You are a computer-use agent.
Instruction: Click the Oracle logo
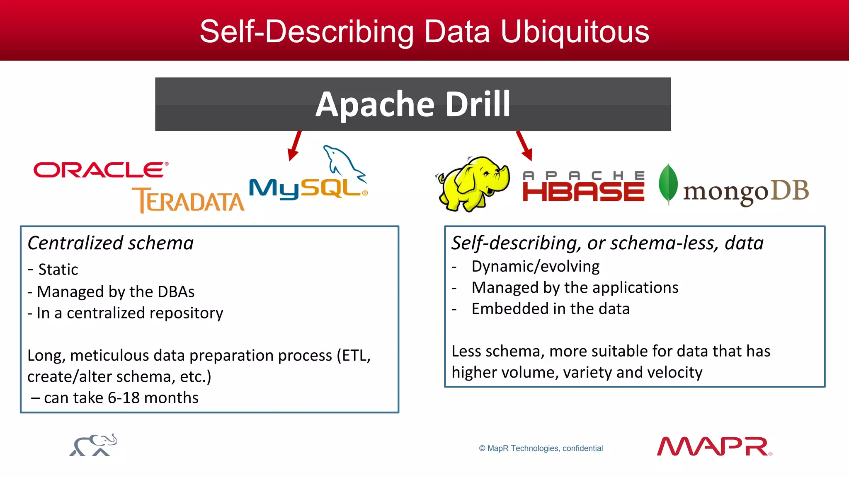point(99,170)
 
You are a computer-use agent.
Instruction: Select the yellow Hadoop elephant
point(473,183)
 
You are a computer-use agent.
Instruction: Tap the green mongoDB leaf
point(668,184)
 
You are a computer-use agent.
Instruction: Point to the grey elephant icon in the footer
point(93,446)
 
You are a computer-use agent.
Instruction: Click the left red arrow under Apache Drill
point(295,146)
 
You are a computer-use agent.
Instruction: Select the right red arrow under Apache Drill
point(524,146)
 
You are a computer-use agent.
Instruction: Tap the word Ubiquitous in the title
point(575,32)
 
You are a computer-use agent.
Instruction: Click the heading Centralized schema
point(111,243)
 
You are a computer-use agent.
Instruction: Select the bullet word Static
point(58,270)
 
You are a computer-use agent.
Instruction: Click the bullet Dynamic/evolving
point(535,267)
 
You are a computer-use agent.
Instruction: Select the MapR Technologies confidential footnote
point(541,448)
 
